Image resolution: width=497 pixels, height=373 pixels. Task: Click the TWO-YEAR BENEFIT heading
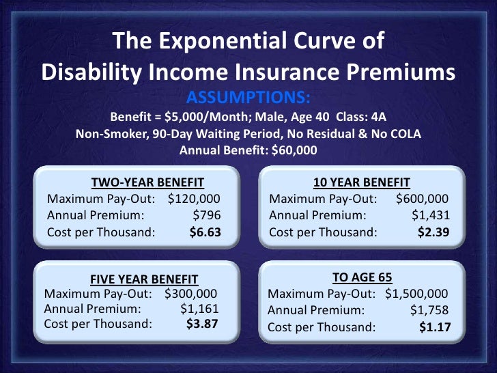(x=147, y=182)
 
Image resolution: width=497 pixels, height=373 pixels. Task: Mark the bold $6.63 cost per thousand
(x=205, y=232)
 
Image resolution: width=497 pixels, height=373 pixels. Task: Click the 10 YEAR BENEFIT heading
(x=361, y=182)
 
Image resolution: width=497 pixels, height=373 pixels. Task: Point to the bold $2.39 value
(x=433, y=232)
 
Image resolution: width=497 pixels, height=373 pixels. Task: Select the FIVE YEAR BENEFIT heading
(x=144, y=279)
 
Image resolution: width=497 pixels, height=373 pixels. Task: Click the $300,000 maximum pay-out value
(x=190, y=294)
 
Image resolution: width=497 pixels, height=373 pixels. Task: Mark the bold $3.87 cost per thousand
(x=202, y=324)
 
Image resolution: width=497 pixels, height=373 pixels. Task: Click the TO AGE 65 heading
(x=360, y=277)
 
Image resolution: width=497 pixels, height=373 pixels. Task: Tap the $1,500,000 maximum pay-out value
(x=416, y=294)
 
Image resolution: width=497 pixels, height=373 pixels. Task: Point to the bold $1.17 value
(x=434, y=327)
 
